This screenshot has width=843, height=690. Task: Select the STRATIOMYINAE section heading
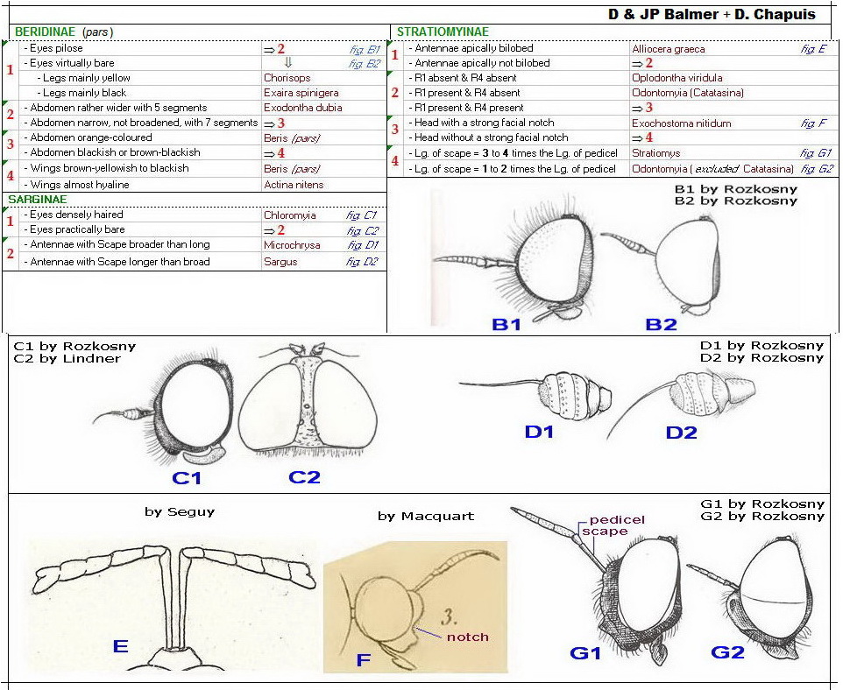pyautogui.click(x=443, y=32)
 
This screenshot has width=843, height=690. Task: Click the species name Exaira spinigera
pyautogui.click(x=301, y=93)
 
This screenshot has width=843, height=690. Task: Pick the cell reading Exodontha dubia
pyautogui.click(x=302, y=108)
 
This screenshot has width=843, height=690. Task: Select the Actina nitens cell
pyautogui.click(x=294, y=185)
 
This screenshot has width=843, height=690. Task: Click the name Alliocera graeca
pyautogui.click(x=668, y=49)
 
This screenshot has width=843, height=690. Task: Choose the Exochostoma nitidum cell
pyautogui.click(x=681, y=123)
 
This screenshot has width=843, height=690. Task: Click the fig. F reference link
pyautogui.click(x=813, y=123)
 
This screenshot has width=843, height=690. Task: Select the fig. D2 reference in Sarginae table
pyautogui.click(x=362, y=262)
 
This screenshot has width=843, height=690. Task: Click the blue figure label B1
pyautogui.click(x=507, y=324)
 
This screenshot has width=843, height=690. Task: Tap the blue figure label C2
pyautogui.click(x=304, y=477)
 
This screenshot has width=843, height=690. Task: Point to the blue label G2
pyautogui.click(x=727, y=652)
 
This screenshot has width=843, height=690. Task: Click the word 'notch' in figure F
pyautogui.click(x=467, y=637)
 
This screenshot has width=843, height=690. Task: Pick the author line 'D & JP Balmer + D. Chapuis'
pyautogui.click(x=711, y=14)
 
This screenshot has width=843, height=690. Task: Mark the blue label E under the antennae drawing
pyautogui.click(x=120, y=647)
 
